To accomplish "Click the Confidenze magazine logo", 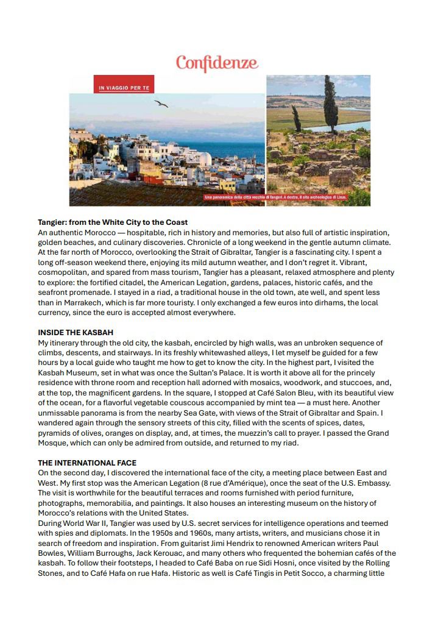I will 217,63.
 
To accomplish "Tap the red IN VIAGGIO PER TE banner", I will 124,89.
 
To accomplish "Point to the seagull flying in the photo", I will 161,104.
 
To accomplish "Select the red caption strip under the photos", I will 279,197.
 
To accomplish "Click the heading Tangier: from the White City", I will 113,222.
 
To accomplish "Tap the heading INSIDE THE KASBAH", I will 76,333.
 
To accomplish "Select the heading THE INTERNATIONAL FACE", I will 87,463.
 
